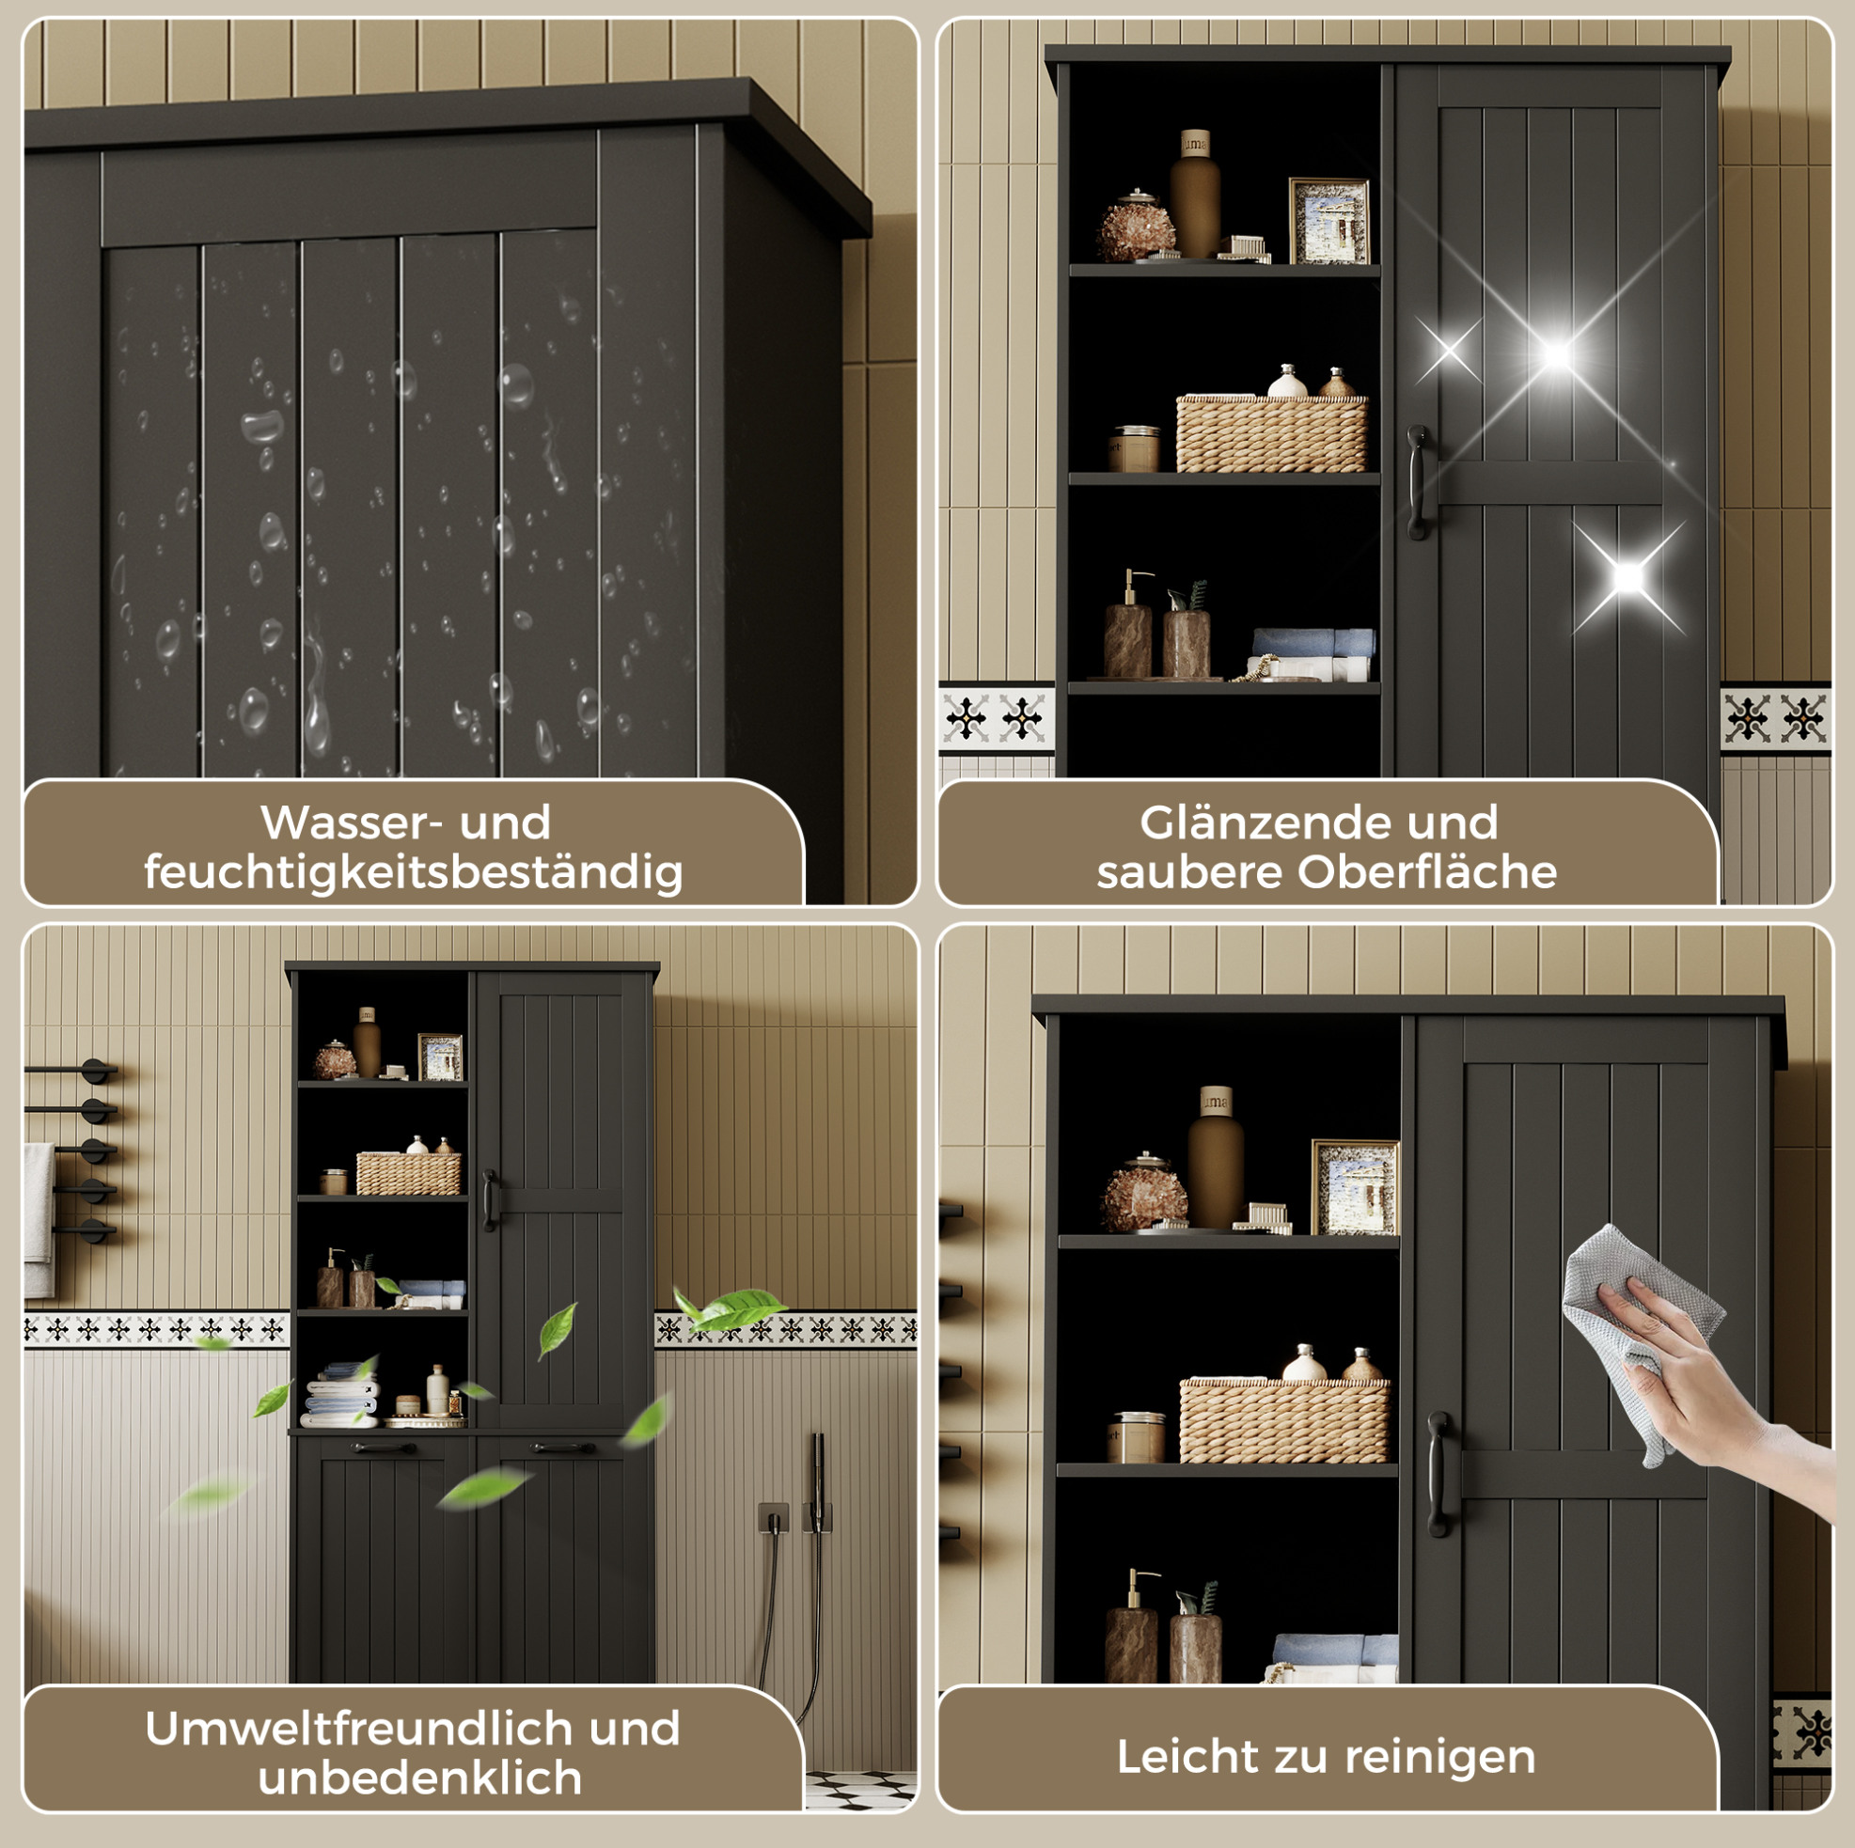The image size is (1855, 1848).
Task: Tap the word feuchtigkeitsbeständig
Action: tap(414, 872)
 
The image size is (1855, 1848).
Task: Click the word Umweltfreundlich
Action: tap(362, 1728)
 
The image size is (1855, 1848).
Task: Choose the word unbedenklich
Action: tap(420, 1778)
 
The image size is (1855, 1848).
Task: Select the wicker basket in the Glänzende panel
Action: tap(1272, 433)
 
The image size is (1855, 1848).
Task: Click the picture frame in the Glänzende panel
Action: tap(1328, 221)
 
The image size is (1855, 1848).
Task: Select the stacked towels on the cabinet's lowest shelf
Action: tap(341, 1394)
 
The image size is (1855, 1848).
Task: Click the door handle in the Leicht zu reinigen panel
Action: tap(1438, 1474)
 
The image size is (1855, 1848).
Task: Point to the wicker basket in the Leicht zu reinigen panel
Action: tap(1283, 1421)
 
